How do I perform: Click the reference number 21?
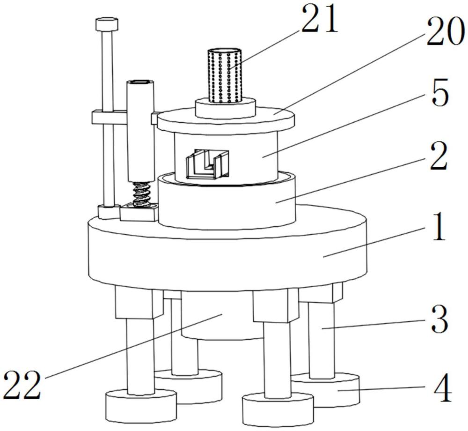click(x=320, y=19)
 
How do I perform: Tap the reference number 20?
click(x=446, y=32)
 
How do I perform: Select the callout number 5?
click(x=440, y=93)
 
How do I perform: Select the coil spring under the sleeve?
click(x=142, y=194)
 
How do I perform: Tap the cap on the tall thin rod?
click(x=107, y=24)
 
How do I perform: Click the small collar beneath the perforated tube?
click(x=226, y=108)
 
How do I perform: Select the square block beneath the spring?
click(x=139, y=212)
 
